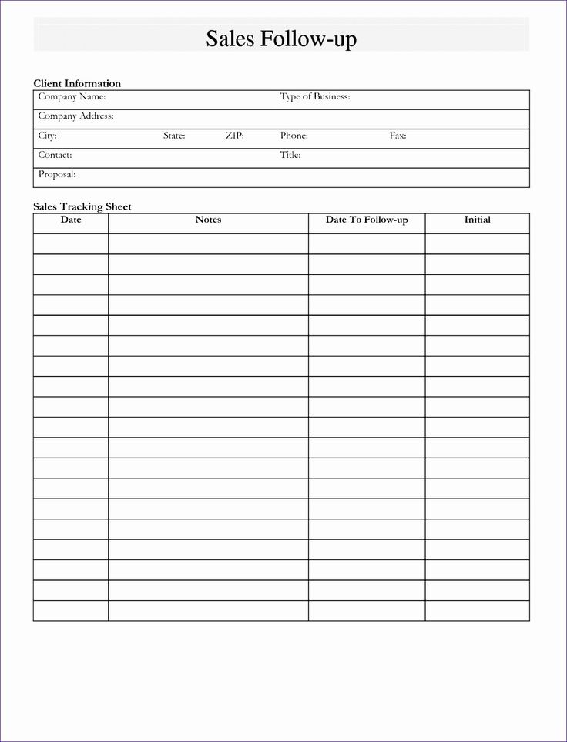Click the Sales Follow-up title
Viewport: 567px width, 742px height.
point(281,39)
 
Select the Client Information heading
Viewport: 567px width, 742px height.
point(77,83)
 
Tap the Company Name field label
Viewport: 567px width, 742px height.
point(72,97)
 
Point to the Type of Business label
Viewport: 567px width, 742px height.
point(315,97)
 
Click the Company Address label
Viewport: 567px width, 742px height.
point(75,116)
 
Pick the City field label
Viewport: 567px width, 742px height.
point(47,136)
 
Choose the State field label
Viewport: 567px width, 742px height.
point(174,136)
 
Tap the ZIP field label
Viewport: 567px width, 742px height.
point(235,136)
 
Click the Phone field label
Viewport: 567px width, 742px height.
point(294,136)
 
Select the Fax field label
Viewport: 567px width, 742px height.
point(398,136)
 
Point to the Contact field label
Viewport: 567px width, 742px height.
point(55,155)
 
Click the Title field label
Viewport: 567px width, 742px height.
point(290,155)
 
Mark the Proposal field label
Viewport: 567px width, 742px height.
point(57,175)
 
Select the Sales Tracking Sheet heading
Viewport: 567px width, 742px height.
point(82,206)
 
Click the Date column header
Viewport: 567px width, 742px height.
point(71,220)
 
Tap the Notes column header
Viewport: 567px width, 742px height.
point(208,220)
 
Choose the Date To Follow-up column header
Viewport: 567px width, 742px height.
point(367,220)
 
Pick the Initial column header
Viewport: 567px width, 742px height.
point(477,220)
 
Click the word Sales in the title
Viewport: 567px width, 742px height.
point(230,39)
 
